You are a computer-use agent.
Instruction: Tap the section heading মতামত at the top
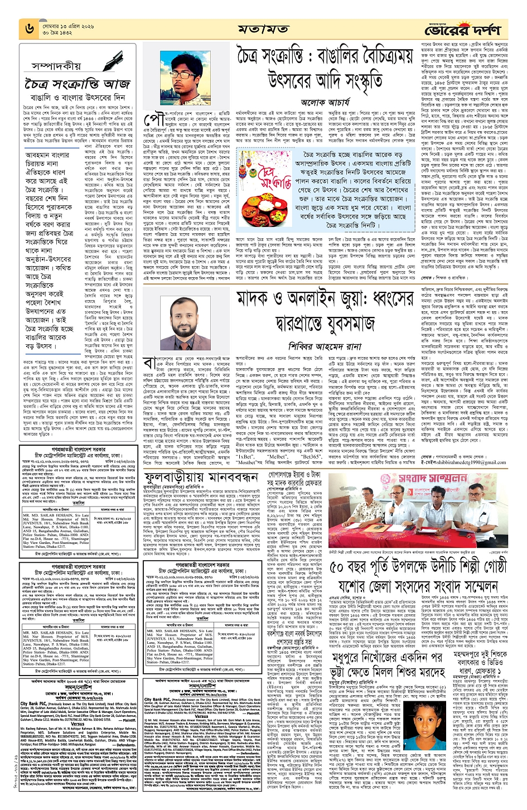(x=263, y=28)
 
